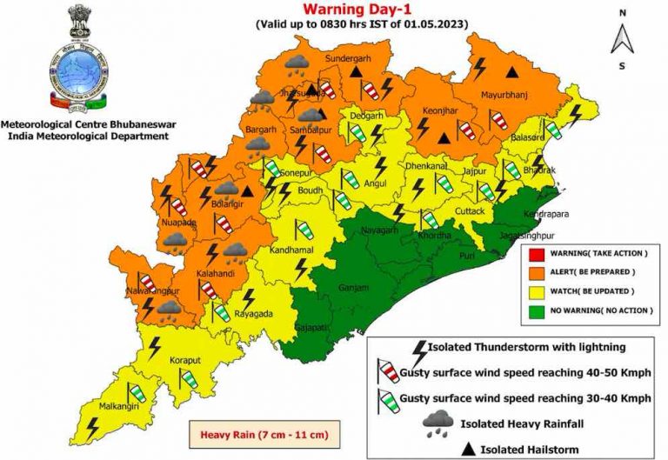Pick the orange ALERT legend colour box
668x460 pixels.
tap(536, 271)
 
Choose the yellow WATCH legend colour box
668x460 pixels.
tap(536, 290)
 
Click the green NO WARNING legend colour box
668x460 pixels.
tap(536, 310)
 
